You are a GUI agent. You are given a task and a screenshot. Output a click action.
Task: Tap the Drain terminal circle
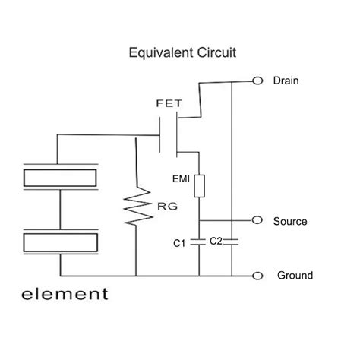point(257,81)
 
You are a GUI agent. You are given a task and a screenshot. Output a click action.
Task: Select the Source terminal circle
point(257,221)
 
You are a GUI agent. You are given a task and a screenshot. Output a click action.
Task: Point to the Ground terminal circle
point(257,276)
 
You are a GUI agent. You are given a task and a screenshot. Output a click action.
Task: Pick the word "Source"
point(290,222)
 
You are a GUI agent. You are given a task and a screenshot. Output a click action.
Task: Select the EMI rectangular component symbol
point(199,186)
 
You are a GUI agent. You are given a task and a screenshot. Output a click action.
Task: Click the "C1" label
point(180,243)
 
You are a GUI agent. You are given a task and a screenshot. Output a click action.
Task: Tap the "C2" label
point(216,241)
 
